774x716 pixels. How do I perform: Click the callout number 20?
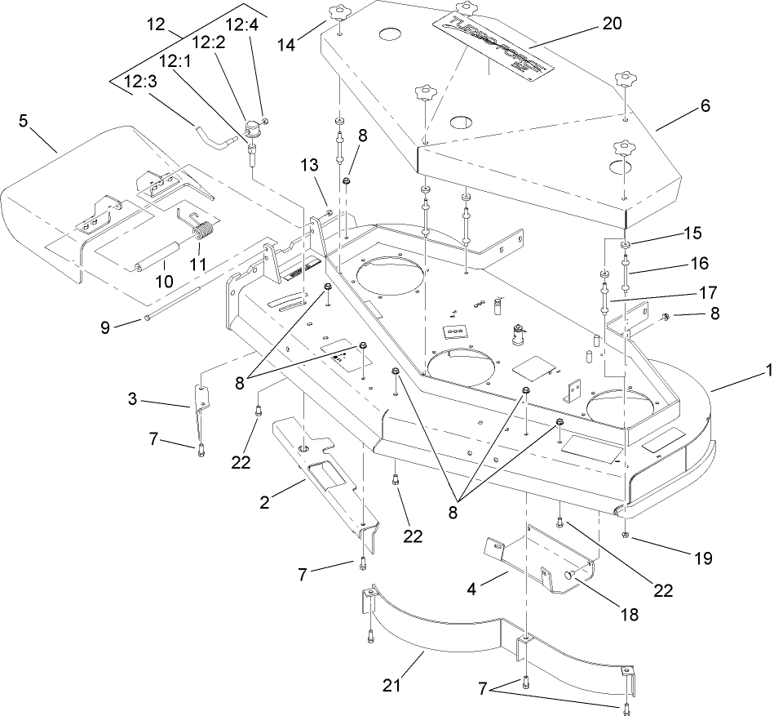611,24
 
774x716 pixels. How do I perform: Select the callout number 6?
705,105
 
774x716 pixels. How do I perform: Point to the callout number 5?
24,120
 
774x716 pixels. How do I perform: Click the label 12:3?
139,82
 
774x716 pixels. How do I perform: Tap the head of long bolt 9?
146,318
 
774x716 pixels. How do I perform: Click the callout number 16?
699,264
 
